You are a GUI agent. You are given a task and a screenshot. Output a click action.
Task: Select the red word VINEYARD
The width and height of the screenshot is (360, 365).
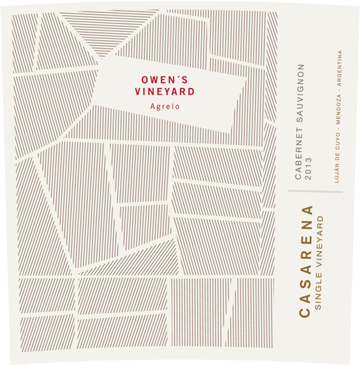tap(156, 92)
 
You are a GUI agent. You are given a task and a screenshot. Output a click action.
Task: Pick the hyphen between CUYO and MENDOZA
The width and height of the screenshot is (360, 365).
tap(338, 132)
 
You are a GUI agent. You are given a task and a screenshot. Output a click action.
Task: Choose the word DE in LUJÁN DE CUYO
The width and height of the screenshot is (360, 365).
tap(338, 158)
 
